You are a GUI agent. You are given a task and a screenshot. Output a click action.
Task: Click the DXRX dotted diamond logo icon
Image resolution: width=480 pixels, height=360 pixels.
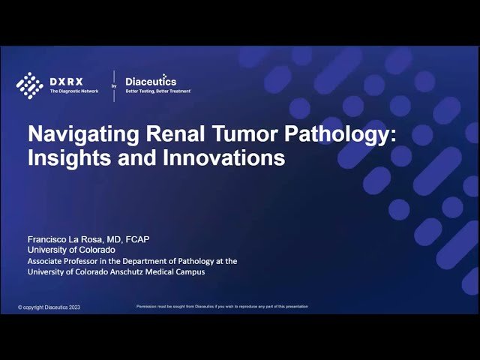pyautogui.click(x=30, y=84)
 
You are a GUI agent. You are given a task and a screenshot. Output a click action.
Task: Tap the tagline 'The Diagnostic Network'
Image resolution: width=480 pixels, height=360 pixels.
pyautogui.click(x=74, y=91)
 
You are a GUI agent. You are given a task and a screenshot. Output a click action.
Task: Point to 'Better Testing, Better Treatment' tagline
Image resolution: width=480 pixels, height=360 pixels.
pyautogui.click(x=157, y=91)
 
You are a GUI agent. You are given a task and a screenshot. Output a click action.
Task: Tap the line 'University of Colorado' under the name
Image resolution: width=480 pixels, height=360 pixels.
pyautogui.click(x=71, y=250)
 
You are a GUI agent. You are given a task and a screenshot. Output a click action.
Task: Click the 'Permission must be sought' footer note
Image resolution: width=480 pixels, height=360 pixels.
pyautogui.click(x=222, y=307)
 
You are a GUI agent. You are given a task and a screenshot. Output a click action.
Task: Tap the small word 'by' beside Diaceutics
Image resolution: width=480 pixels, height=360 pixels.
pyautogui.click(x=114, y=86)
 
